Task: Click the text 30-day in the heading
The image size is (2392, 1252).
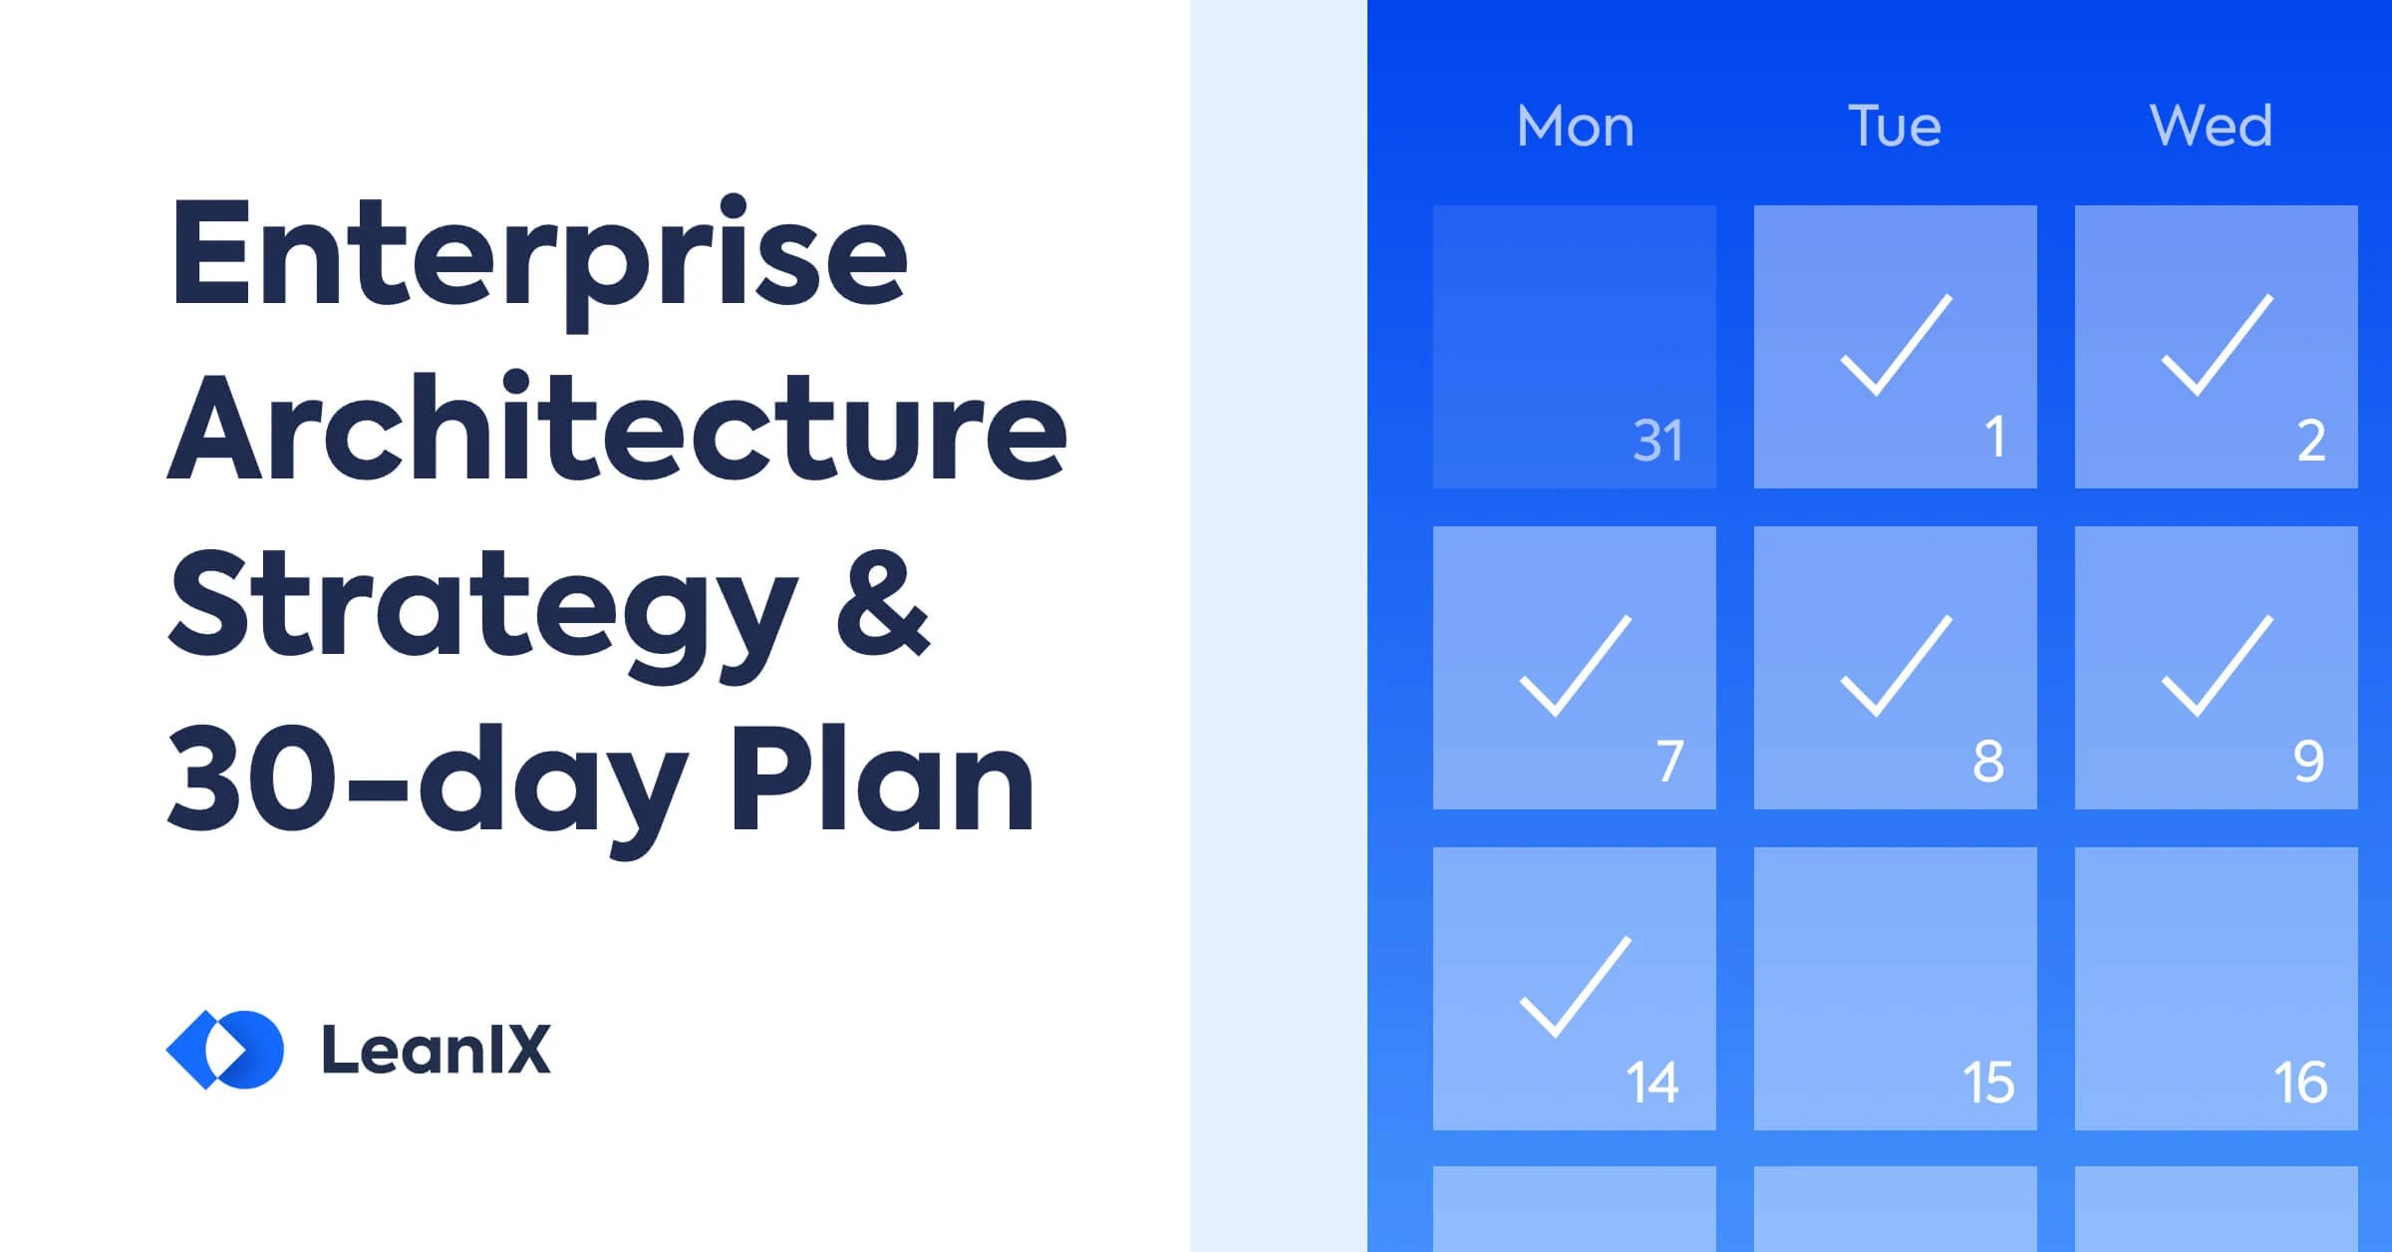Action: tap(428, 781)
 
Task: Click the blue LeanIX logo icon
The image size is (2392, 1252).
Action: tap(225, 1050)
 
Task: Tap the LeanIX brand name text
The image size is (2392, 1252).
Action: tap(436, 1050)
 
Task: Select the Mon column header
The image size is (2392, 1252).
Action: tap(1575, 127)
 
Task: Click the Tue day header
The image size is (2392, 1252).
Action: tap(1895, 127)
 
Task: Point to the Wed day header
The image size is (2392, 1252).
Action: tap(2211, 127)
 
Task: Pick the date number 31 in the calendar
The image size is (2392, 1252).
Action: tap(1657, 441)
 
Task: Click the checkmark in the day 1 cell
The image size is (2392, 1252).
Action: tap(1895, 345)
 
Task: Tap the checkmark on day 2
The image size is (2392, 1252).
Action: tap(2216, 345)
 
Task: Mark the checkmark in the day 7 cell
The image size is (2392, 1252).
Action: tap(1575, 666)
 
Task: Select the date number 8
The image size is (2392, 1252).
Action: tap(1987, 762)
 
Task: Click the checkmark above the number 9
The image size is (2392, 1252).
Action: tap(2216, 666)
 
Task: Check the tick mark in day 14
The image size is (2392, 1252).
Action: tap(1575, 987)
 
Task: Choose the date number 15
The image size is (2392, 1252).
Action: tap(1987, 1083)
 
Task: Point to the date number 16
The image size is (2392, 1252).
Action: tap(2299, 1083)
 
